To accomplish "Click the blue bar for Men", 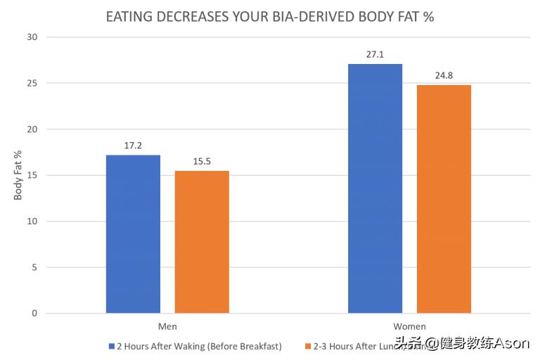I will coord(133,234).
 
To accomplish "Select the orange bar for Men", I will coord(202,242).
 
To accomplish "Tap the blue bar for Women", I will coord(375,188).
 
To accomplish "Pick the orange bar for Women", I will coord(444,199).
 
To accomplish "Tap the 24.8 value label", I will coord(444,75).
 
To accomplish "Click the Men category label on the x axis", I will coord(167,327).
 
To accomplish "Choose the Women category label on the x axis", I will coord(409,327).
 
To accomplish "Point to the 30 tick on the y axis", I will coord(32,37).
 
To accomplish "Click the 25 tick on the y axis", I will coord(32,83).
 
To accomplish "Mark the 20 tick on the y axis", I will coord(32,129).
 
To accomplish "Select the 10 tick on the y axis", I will coord(32,221).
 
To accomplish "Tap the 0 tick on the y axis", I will coord(34,314).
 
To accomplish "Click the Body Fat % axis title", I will coord(18,175).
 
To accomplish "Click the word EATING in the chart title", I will coord(129,16).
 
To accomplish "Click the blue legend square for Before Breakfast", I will coord(111,347).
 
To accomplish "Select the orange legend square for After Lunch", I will coord(307,347).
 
